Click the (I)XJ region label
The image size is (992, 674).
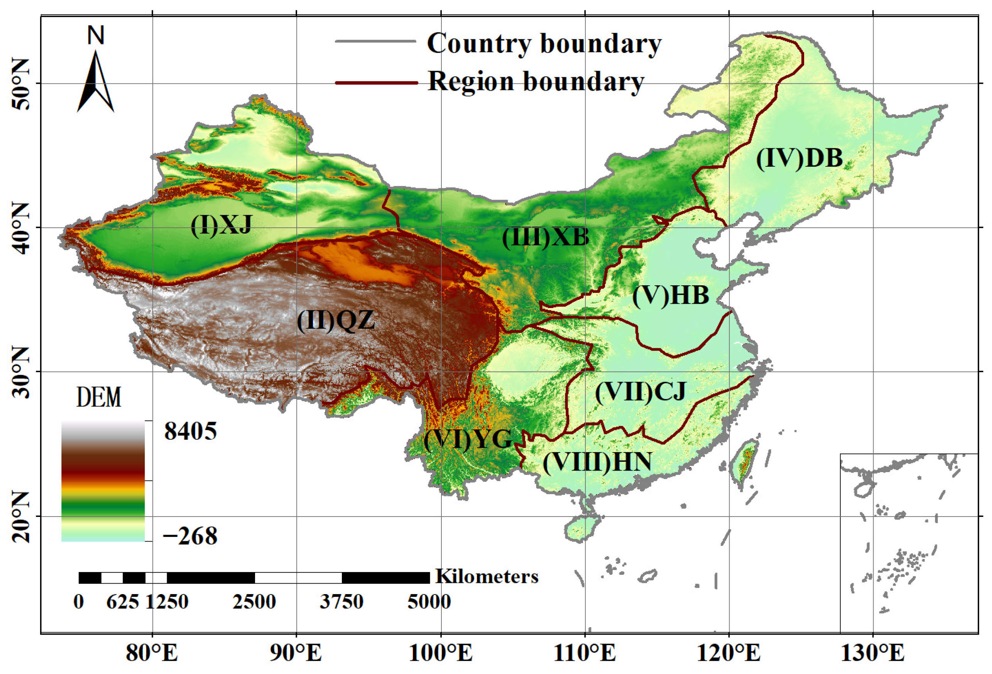[x=221, y=225]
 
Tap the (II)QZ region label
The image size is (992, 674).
[x=336, y=321]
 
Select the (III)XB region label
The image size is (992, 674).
[x=545, y=237]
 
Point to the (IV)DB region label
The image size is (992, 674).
[x=799, y=158]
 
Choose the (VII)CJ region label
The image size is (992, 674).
[x=640, y=392]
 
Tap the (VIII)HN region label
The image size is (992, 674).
[x=597, y=462]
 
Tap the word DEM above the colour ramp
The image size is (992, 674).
[x=99, y=397]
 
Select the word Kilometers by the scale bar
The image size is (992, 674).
[x=487, y=577]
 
